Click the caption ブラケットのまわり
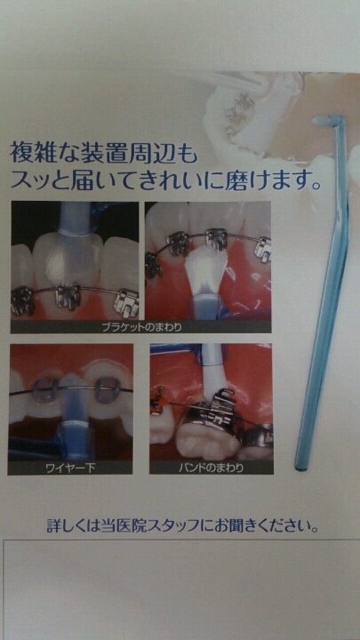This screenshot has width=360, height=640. (141, 327)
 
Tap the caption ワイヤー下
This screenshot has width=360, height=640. (71, 468)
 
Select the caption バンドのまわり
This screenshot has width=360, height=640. (212, 468)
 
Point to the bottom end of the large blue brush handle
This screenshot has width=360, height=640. (300, 468)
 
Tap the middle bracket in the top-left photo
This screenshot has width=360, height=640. (68, 295)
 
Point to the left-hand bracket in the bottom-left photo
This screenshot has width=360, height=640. (46, 390)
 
